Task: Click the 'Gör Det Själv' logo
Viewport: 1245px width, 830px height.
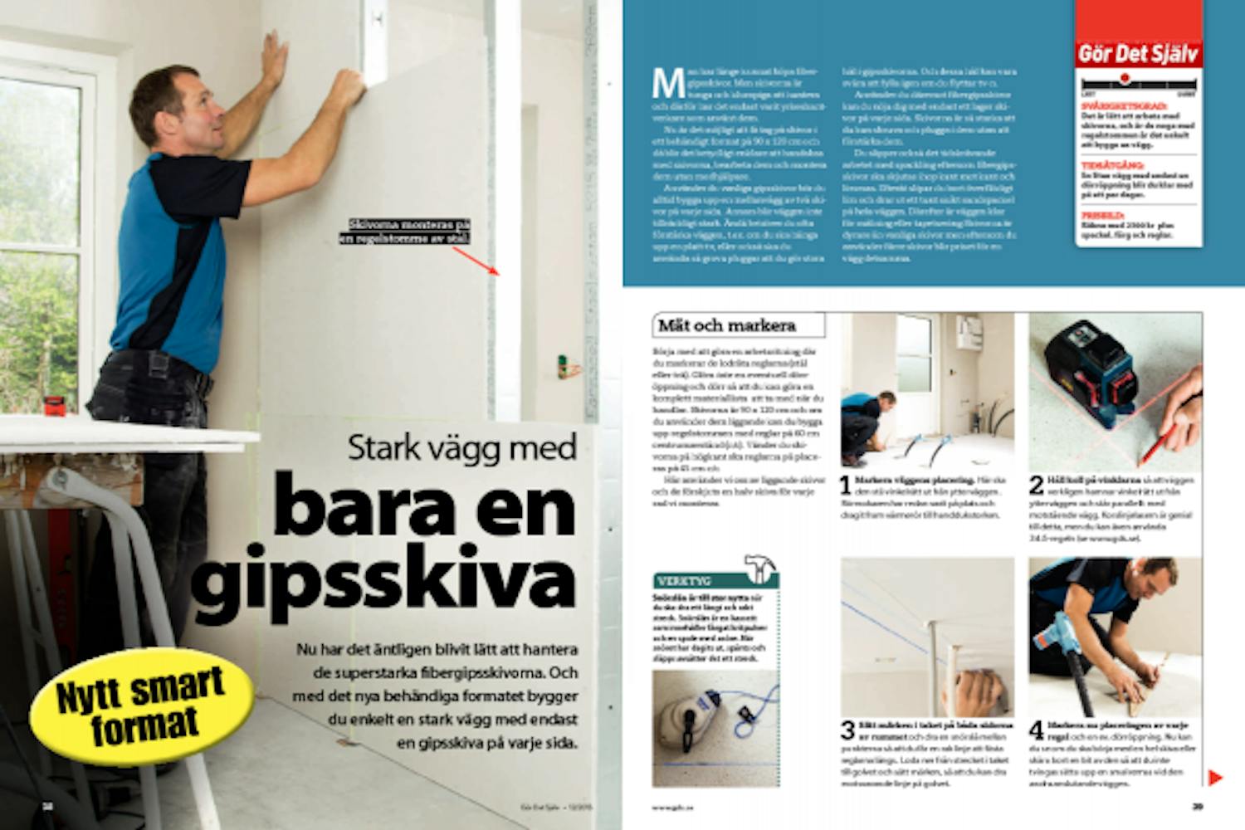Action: (1138, 55)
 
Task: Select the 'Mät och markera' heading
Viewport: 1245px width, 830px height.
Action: (726, 325)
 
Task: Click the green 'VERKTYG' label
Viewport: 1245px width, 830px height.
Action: (684, 581)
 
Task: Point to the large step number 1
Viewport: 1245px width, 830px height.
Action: (845, 485)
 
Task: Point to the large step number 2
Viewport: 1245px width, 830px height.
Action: (1036, 485)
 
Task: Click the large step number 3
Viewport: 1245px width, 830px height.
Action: (847, 730)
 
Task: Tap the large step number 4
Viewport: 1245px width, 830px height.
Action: (1037, 730)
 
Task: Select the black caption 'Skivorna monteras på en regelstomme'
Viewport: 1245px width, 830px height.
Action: (406, 232)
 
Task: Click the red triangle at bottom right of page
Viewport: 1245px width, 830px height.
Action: (1214, 778)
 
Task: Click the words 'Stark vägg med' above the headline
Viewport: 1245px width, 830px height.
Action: (461, 448)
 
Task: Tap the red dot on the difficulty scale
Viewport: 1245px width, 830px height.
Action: (1125, 79)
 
